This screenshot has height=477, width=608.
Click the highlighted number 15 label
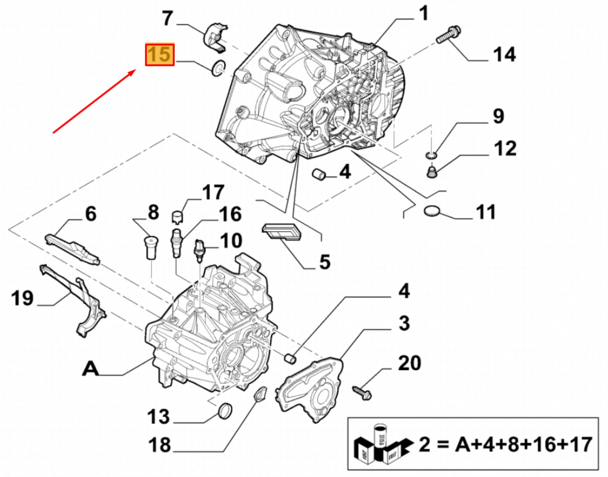(159, 55)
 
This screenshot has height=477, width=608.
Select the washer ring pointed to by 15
(218, 68)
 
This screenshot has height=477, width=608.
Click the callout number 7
(167, 18)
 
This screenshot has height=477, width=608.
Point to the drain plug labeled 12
(432, 171)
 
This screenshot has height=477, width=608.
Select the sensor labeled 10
(199, 250)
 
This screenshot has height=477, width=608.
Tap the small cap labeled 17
(178, 217)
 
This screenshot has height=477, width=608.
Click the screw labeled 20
(362, 392)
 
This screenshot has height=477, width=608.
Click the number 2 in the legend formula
(424, 445)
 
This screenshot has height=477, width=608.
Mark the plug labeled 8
(150, 246)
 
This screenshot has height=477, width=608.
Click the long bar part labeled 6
(73, 249)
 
